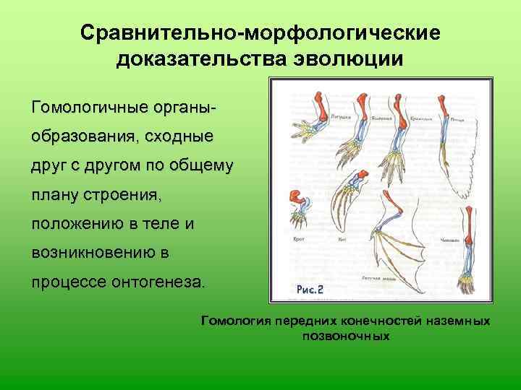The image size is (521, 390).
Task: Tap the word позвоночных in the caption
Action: [x=346, y=336]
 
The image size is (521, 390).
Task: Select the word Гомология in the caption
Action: [x=232, y=321]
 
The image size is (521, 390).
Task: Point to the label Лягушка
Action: [x=341, y=115]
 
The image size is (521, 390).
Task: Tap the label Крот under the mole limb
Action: [x=297, y=238]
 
